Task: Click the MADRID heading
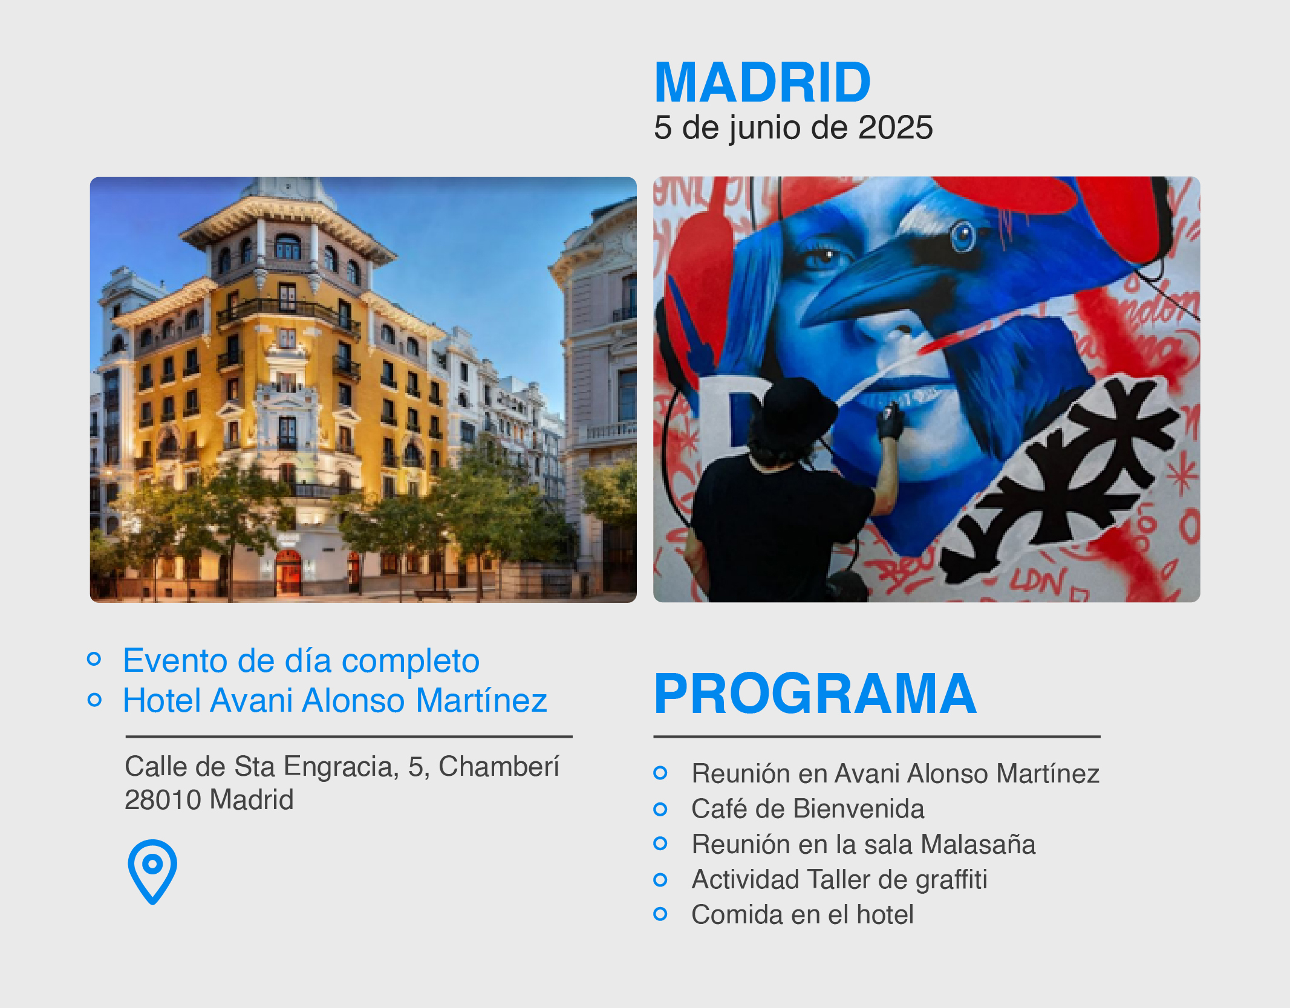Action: click(x=763, y=82)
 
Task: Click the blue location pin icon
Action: click(x=152, y=871)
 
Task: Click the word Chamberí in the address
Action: click(x=499, y=766)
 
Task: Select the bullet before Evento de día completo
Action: click(x=94, y=658)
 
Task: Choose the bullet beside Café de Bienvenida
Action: click(x=660, y=809)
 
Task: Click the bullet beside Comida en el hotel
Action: click(x=660, y=914)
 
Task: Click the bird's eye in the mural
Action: click(x=963, y=236)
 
